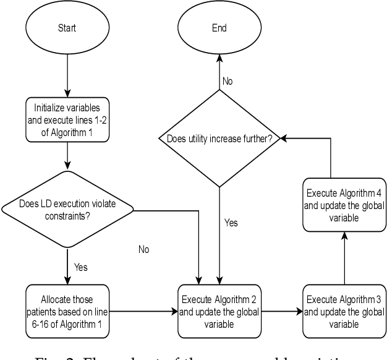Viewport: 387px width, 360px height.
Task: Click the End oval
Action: click(220, 28)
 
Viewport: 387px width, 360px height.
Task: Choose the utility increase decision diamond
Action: click(220, 137)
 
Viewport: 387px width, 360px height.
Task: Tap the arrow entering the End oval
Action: click(220, 68)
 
